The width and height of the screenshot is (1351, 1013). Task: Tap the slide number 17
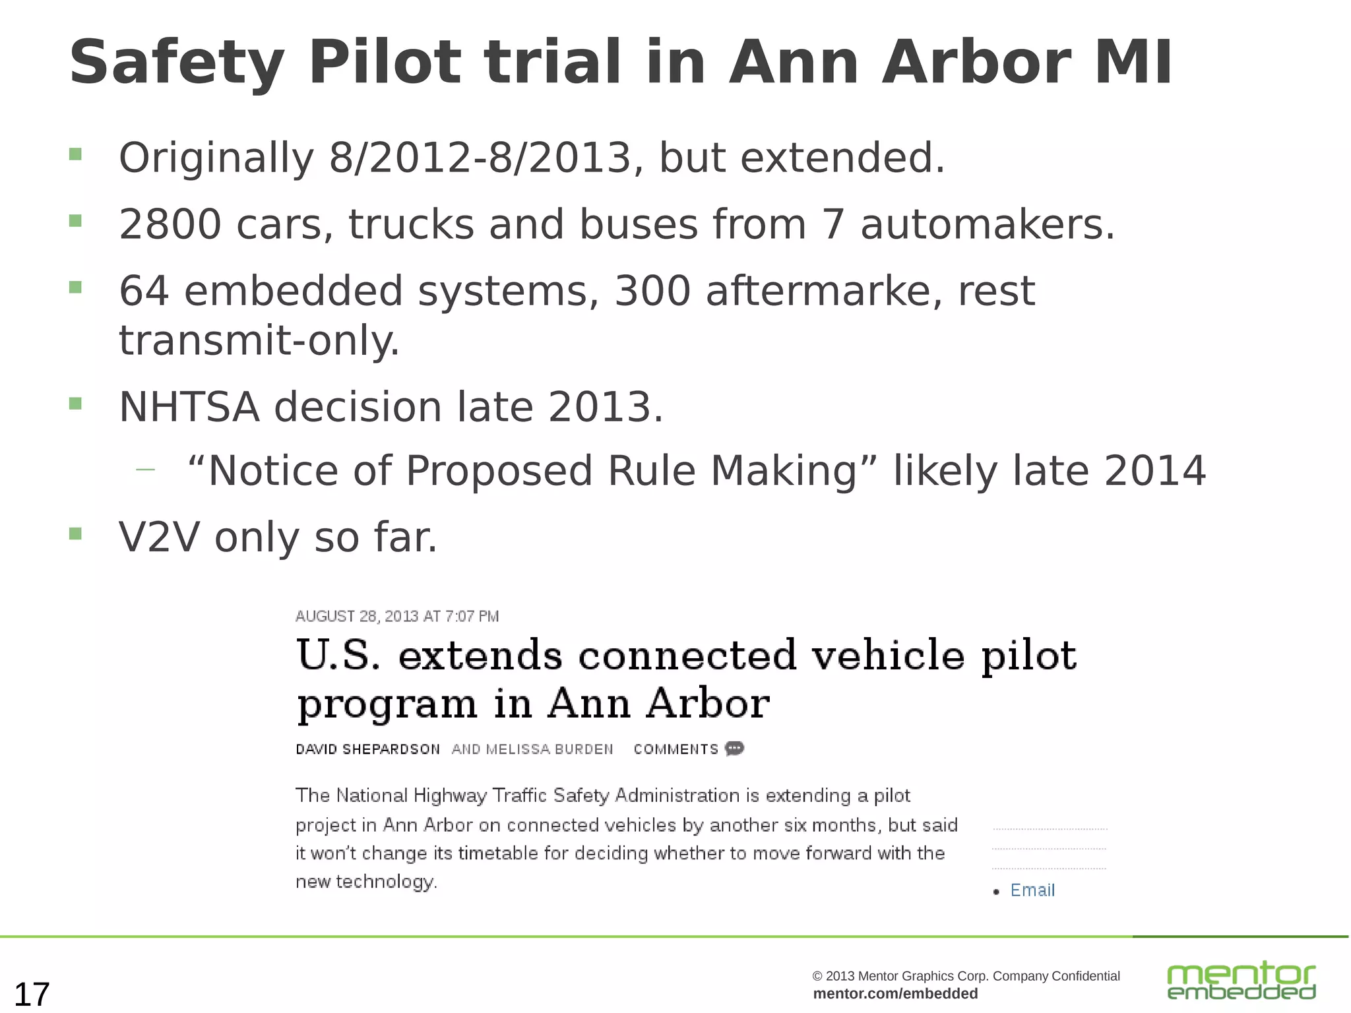(x=32, y=994)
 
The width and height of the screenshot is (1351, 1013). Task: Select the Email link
(x=1032, y=890)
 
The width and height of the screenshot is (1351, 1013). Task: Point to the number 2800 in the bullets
(x=170, y=224)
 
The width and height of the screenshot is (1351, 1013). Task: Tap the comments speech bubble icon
(x=734, y=749)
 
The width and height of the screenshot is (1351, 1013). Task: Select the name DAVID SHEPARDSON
(x=367, y=749)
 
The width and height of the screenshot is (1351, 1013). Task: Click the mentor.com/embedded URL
(x=895, y=994)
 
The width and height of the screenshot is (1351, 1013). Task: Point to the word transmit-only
(x=259, y=340)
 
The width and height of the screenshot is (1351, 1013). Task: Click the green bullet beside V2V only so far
(x=75, y=533)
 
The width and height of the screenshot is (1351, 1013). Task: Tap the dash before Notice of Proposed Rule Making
(x=145, y=470)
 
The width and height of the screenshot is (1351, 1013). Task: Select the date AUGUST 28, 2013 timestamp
(x=396, y=616)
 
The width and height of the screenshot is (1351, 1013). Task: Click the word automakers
(x=988, y=224)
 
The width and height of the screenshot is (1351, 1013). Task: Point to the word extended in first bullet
(x=842, y=158)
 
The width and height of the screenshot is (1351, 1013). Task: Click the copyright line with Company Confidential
(x=966, y=976)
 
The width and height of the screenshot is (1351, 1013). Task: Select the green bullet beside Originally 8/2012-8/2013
(x=75, y=154)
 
